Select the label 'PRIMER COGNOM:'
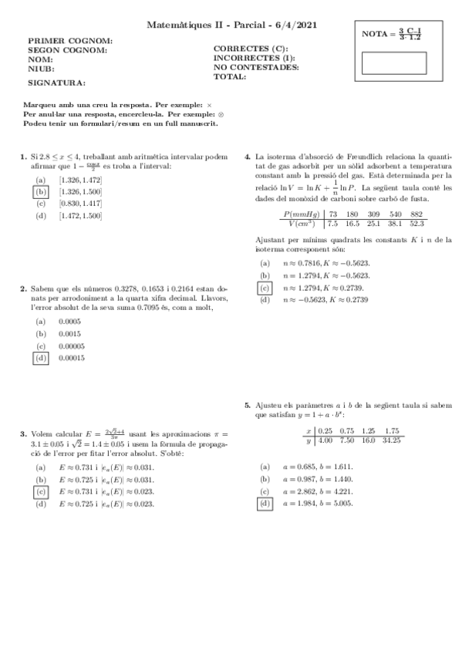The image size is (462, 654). [70, 40]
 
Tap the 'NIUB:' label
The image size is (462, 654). [41, 69]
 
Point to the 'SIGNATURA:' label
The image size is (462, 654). [57, 82]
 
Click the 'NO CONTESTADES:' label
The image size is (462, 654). [255, 67]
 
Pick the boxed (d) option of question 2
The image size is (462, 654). [41, 358]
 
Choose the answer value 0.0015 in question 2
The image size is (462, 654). [70, 333]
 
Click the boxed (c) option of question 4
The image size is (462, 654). [265, 288]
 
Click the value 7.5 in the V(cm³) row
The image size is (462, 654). [333, 224]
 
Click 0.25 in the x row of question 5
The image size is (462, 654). [325, 430]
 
